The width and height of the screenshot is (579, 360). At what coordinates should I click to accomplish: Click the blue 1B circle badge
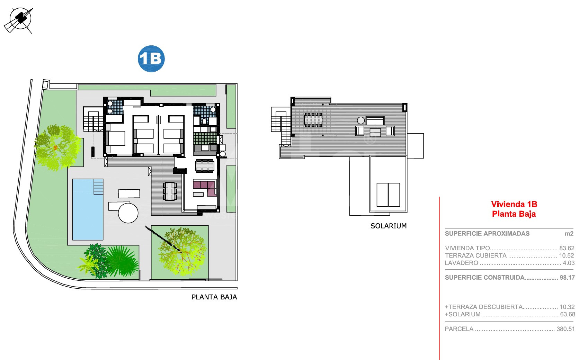[x=151, y=58]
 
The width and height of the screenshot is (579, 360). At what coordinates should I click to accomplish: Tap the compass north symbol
[x=19, y=20]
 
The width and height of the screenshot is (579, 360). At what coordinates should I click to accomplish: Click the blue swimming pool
[x=88, y=209]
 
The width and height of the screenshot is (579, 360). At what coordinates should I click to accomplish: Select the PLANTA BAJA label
[x=214, y=297]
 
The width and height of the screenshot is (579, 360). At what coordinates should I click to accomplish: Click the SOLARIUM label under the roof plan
[x=389, y=226]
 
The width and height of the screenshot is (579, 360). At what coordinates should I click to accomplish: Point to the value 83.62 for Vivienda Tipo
[x=567, y=248]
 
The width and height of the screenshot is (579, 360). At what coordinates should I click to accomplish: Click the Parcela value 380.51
[x=565, y=329]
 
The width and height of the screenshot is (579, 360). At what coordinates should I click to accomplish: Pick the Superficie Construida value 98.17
[x=567, y=278]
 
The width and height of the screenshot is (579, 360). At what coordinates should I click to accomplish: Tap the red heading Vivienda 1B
[x=514, y=204]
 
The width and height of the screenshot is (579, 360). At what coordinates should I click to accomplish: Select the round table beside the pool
[x=128, y=213]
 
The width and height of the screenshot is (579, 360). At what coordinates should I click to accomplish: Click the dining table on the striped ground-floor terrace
[x=170, y=191]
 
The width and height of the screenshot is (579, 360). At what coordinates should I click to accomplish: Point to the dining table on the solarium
[x=313, y=120]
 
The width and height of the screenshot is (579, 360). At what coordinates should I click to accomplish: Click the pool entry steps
[x=98, y=187]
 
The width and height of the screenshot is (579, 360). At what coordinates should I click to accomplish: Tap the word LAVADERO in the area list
[x=461, y=263]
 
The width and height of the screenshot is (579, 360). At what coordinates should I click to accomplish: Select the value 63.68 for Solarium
[x=567, y=314]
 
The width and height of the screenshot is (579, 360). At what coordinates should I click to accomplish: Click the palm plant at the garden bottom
[x=122, y=261]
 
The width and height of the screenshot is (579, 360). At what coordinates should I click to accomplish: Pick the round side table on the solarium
[x=361, y=120]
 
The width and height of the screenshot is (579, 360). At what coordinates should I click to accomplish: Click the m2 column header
[x=569, y=234]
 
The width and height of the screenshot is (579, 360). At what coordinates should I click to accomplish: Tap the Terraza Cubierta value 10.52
[x=567, y=255]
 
